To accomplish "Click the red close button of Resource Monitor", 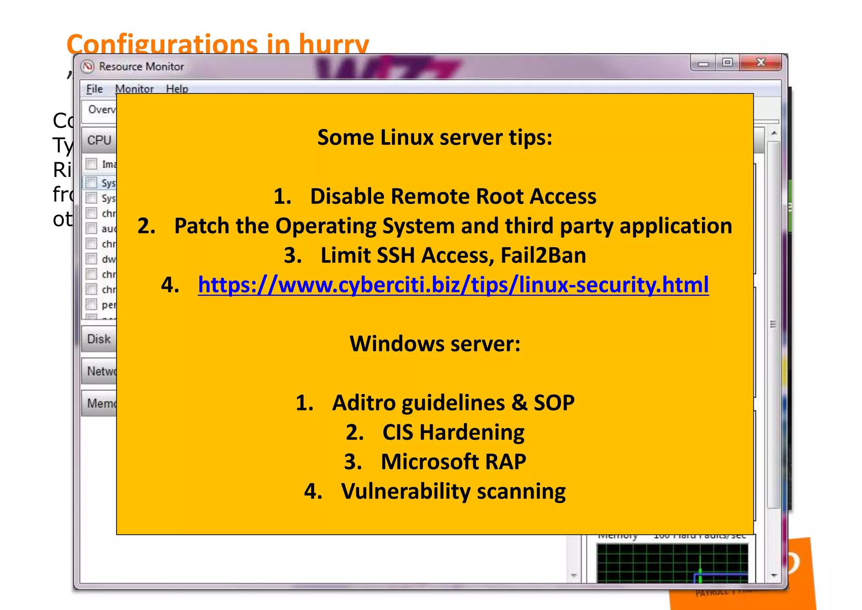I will [x=760, y=63].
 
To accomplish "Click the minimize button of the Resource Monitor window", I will [x=703, y=64].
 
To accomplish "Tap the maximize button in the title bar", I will [x=727, y=63].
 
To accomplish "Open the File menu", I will [x=94, y=89].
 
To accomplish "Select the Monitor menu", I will [x=134, y=89].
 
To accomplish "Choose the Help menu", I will [x=177, y=89].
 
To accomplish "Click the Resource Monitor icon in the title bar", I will [x=88, y=67].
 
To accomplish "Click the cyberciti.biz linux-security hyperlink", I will [x=453, y=285].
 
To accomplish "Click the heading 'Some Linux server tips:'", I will [x=434, y=137].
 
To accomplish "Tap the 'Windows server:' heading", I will [x=435, y=344].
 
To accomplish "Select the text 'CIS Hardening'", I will [x=453, y=432].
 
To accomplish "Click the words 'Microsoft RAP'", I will [x=453, y=462].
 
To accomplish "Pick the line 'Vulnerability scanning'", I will [x=453, y=491].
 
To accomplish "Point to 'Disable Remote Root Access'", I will [x=453, y=196].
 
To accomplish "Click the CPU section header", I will [x=99, y=140].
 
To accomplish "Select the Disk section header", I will [x=99, y=339].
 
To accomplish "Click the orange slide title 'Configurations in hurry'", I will [x=218, y=43].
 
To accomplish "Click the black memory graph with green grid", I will [x=672, y=563].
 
